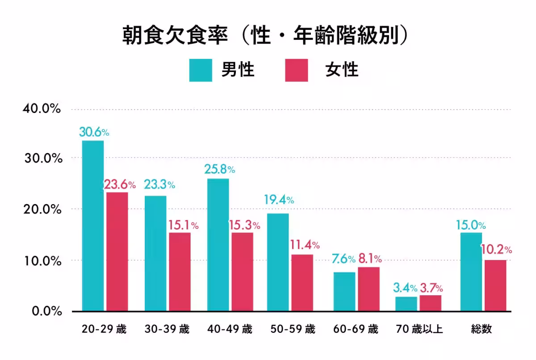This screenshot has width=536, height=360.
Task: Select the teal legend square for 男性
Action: [x=201, y=70]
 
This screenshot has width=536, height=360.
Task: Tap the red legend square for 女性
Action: [x=297, y=70]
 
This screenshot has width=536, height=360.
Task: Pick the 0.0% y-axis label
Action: [x=44, y=311]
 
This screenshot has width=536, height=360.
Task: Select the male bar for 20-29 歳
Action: [x=93, y=226]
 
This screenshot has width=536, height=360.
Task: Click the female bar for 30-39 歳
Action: [x=180, y=272]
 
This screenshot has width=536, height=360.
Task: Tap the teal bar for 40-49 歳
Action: [x=218, y=245]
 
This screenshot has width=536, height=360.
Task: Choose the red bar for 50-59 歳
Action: [x=302, y=283]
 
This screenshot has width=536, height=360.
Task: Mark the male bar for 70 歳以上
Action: [x=406, y=304]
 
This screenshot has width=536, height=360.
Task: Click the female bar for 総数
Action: [x=496, y=285]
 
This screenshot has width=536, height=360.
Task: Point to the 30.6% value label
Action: [x=94, y=132]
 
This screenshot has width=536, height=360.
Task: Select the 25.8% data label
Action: [x=219, y=170]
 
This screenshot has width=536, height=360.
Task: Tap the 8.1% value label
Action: [x=370, y=259]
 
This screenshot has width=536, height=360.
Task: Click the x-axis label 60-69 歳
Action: [x=356, y=330]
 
